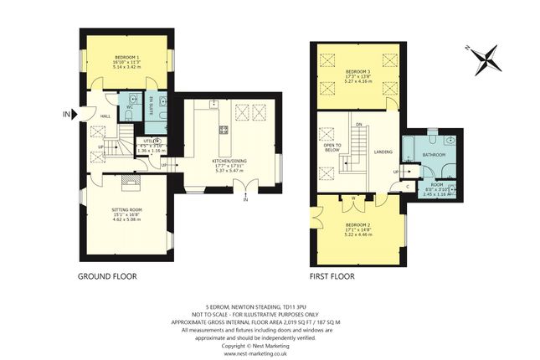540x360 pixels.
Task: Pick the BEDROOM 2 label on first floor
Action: point(357,226)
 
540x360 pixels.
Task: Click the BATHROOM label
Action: point(433,155)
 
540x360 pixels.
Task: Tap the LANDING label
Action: point(383,152)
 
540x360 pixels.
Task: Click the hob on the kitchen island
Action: point(224,130)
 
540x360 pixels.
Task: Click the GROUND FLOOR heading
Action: point(107,275)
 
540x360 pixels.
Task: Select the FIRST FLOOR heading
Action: point(332,275)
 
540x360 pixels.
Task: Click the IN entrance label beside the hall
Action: point(66,114)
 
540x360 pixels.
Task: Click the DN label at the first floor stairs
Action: point(358,124)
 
